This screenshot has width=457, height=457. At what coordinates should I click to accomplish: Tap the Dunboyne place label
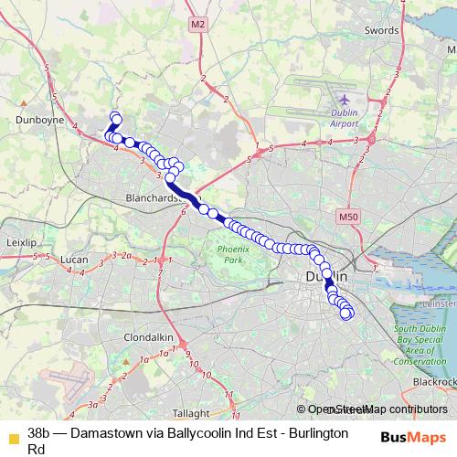point(37,118)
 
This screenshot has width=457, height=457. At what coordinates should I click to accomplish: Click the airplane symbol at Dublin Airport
point(344,98)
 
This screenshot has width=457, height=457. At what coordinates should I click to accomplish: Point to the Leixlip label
point(20,243)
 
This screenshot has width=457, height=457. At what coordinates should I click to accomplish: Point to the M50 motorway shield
point(344,217)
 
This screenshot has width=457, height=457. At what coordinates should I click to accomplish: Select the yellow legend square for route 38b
point(12,434)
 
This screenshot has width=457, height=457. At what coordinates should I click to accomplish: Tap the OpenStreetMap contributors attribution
point(377,409)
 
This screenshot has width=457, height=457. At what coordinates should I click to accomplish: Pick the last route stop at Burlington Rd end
point(346,314)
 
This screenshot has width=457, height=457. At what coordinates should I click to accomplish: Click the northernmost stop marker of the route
point(115,116)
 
